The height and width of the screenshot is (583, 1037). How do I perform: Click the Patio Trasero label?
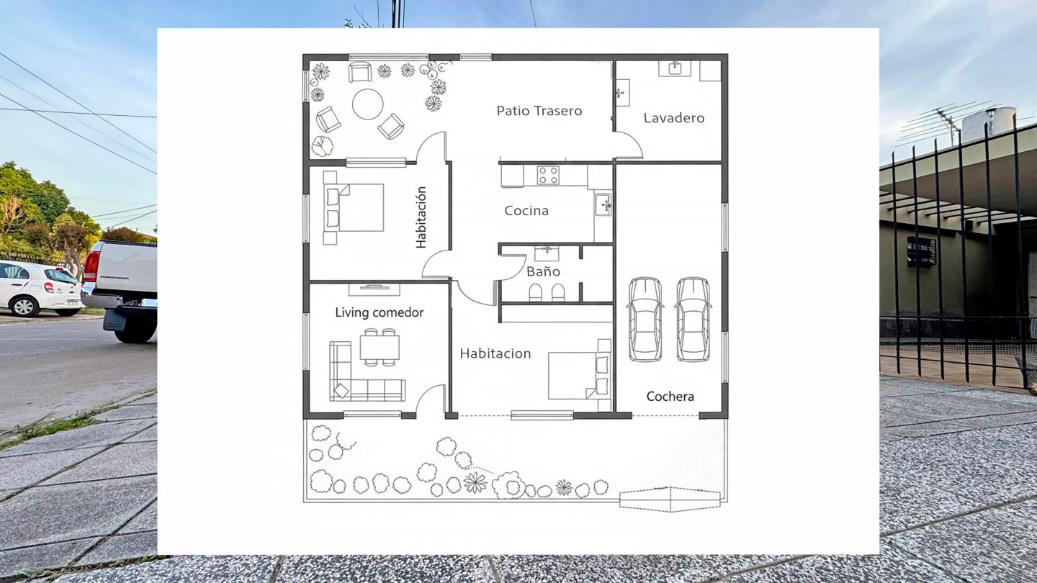[x=539, y=111]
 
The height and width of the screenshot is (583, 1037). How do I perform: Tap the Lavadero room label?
[x=674, y=118]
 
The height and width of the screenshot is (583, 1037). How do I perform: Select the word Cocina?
[x=526, y=211]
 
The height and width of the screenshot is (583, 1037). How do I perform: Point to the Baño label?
[x=544, y=271]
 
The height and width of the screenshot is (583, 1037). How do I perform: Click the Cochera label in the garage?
[x=670, y=397]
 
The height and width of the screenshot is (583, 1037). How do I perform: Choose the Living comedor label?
[x=379, y=312]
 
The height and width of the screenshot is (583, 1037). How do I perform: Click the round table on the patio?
[x=367, y=104]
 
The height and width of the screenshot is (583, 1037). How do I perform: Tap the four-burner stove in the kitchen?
[x=548, y=176]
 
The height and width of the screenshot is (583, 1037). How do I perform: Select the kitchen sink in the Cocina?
[x=603, y=204]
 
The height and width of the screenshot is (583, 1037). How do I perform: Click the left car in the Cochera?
[x=645, y=320]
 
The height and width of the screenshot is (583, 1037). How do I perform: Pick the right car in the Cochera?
[x=693, y=320]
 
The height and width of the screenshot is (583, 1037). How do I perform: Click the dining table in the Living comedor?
[x=380, y=348]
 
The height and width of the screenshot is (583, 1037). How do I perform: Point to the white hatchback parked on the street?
[x=41, y=289]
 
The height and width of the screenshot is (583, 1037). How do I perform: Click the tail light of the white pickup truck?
[x=91, y=267]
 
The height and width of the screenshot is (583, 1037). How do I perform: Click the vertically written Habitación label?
[x=421, y=217]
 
